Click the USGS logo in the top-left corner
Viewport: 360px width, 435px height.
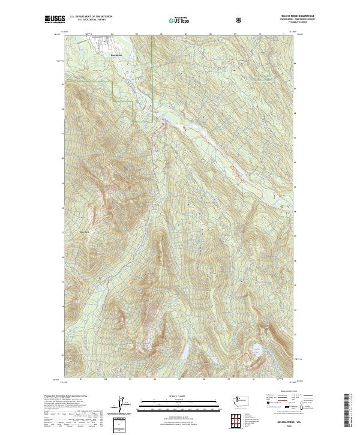[54, 19]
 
